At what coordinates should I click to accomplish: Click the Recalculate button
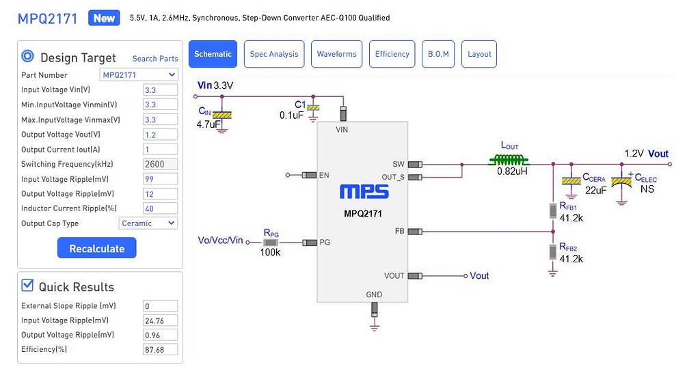pyautogui.click(x=96, y=248)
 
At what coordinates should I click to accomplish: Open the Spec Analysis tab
pyautogui.click(x=273, y=54)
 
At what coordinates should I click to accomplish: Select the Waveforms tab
pyautogui.click(x=336, y=54)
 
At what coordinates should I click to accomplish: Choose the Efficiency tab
pyautogui.click(x=392, y=54)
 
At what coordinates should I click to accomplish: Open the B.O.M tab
pyautogui.click(x=438, y=54)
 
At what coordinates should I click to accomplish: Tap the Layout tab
pyautogui.click(x=479, y=54)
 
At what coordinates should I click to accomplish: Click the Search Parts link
pyautogui.click(x=155, y=59)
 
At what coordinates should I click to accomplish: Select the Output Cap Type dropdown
pyautogui.click(x=148, y=223)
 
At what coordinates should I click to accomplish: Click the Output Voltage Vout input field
pyautogui.click(x=160, y=135)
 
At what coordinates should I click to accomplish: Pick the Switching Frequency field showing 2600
pyautogui.click(x=160, y=164)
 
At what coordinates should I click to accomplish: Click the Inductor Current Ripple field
pyautogui.click(x=160, y=208)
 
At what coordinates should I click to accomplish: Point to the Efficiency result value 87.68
pyautogui.click(x=160, y=350)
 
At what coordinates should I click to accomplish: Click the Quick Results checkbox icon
pyautogui.click(x=27, y=286)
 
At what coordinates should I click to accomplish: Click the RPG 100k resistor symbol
pyautogui.click(x=271, y=243)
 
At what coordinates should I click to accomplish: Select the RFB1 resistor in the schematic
pyautogui.click(x=553, y=210)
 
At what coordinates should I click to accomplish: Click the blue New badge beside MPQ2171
pyautogui.click(x=104, y=18)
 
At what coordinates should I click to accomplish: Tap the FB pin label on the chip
pyautogui.click(x=399, y=232)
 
